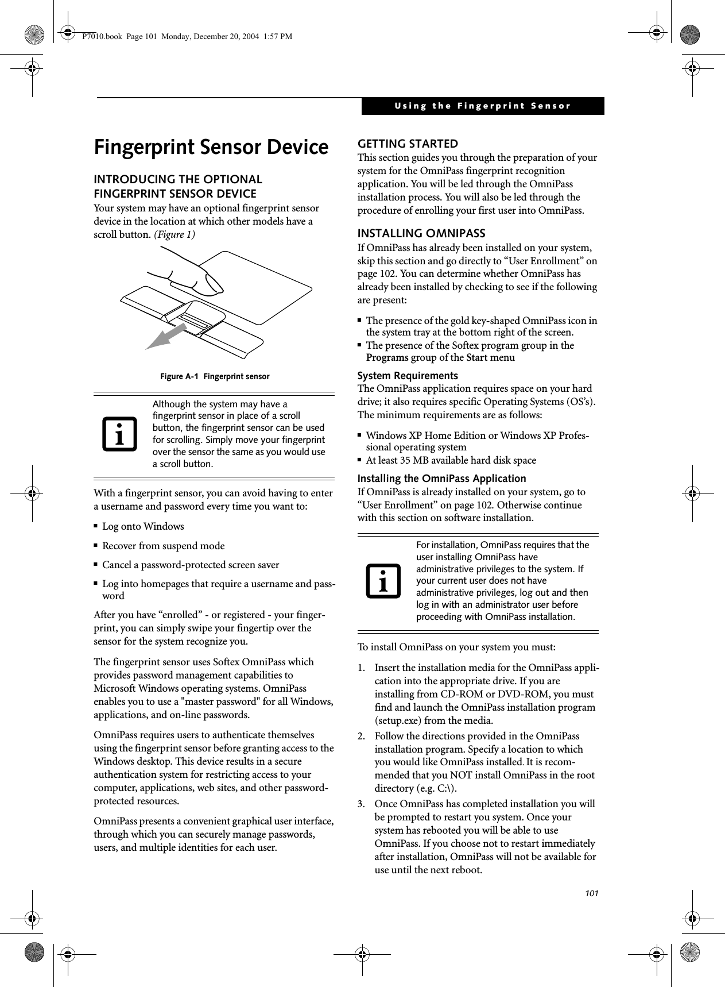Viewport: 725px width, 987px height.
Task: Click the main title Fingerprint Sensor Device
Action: (x=211, y=148)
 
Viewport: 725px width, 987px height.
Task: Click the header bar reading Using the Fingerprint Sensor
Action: (x=482, y=106)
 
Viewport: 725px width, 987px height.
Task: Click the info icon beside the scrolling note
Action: (x=121, y=434)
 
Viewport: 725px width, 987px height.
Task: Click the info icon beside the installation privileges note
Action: (x=382, y=580)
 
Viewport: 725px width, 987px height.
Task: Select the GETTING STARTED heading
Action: (x=408, y=144)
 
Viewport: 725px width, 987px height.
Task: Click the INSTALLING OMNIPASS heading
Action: (x=421, y=233)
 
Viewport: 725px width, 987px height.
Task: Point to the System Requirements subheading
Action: (x=408, y=376)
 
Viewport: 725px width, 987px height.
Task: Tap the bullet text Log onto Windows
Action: (x=143, y=526)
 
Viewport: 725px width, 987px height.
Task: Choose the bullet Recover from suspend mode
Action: (x=163, y=546)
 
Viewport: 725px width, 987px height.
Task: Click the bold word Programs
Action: (x=387, y=358)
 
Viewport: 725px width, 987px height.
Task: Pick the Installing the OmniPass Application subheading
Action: (x=441, y=479)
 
